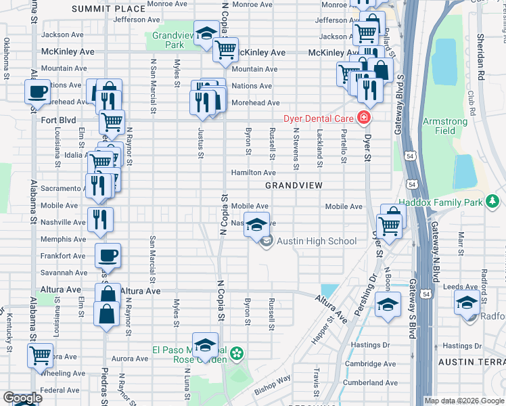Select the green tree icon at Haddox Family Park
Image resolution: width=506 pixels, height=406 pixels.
tap(493, 201)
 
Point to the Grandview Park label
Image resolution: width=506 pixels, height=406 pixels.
tap(168, 40)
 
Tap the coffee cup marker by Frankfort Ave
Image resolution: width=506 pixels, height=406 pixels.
tap(108, 255)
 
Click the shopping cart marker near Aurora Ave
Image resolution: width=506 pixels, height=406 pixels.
tap(41, 355)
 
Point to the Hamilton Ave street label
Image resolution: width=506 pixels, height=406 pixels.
tap(254, 173)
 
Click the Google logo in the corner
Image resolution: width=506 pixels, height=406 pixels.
tap(22, 399)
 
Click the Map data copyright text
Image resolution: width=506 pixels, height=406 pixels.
tap(464, 401)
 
